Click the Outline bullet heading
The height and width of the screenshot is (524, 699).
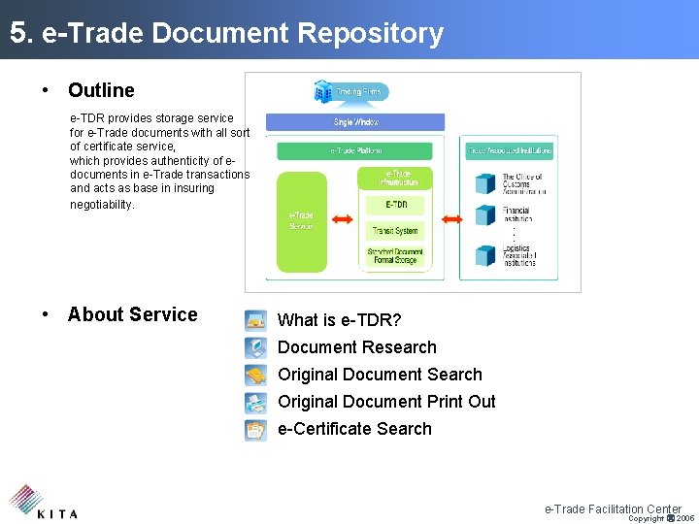click(101, 90)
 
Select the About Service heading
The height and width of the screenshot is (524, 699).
click(132, 314)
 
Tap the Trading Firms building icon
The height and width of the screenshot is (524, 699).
click(323, 91)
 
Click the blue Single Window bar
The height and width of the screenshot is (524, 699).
click(355, 122)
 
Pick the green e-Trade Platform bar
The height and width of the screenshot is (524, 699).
click(355, 150)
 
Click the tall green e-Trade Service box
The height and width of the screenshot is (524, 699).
click(301, 221)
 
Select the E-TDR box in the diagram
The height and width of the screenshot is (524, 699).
click(396, 205)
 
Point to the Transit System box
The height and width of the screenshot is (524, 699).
click(394, 231)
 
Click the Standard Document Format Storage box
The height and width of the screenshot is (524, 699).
click(392, 256)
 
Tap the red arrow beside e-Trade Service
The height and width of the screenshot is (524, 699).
click(342, 220)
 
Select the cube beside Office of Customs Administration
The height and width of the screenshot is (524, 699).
click(485, 183)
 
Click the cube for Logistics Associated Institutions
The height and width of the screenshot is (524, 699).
click(485, 254)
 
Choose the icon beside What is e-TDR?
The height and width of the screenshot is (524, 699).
click(255, 320)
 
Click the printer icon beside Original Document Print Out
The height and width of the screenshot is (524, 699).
click(255, 402)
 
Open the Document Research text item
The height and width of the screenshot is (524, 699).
click(356, 347)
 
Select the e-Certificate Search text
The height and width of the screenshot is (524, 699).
click(354, 429)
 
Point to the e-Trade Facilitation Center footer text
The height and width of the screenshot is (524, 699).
click(613, 508)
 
